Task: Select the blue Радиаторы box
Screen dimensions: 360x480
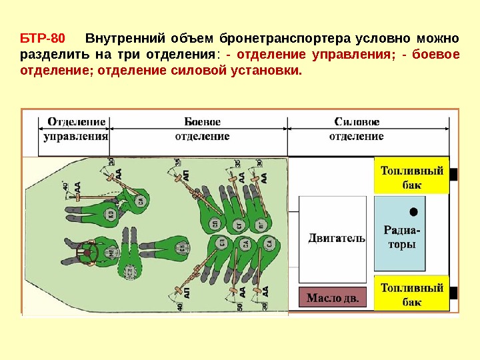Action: [399, 233]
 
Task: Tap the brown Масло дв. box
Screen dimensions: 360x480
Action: [332, 297]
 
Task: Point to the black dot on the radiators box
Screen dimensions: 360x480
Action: [414, 211]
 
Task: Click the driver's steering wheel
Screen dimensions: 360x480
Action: [86, 253]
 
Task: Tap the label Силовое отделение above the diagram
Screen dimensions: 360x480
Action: [357, 129]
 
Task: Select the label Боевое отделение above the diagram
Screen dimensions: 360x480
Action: [202, 129]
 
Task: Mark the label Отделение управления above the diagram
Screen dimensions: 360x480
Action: [76, 129]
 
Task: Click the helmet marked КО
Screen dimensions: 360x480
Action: [111, 213]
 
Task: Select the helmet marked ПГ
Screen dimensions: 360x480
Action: [261, 224]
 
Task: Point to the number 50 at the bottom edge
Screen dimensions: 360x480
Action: [238, 306]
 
